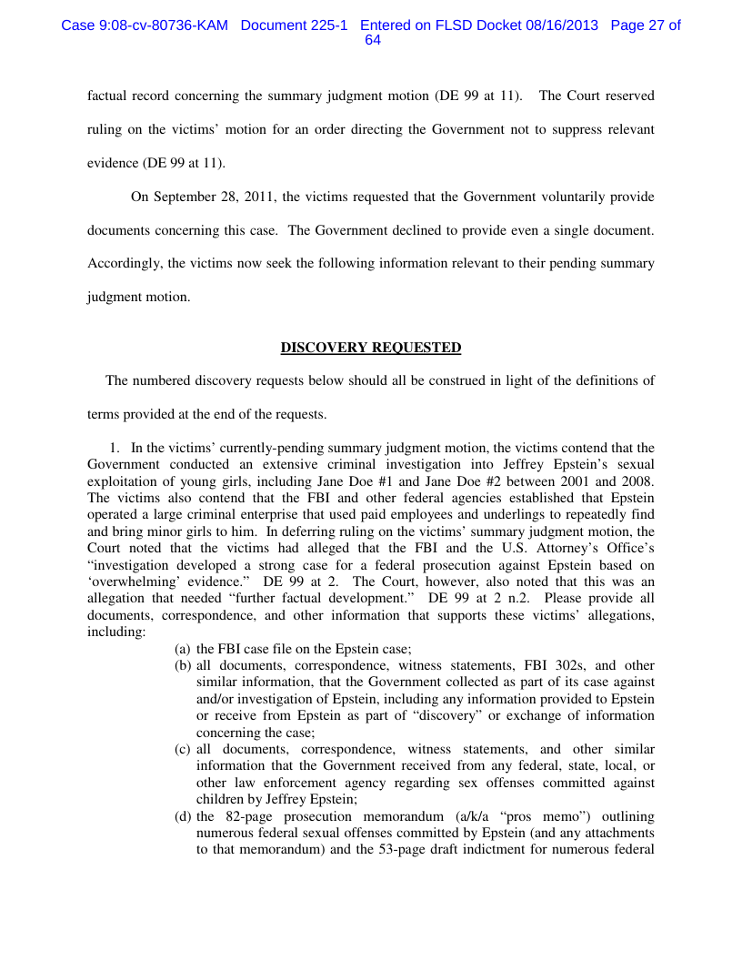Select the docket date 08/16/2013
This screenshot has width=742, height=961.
pos(562,25)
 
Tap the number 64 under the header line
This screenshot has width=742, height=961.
pos(372,41)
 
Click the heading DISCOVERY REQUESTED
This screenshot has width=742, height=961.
pos(371,348)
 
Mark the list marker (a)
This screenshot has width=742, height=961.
pos(183,649)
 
